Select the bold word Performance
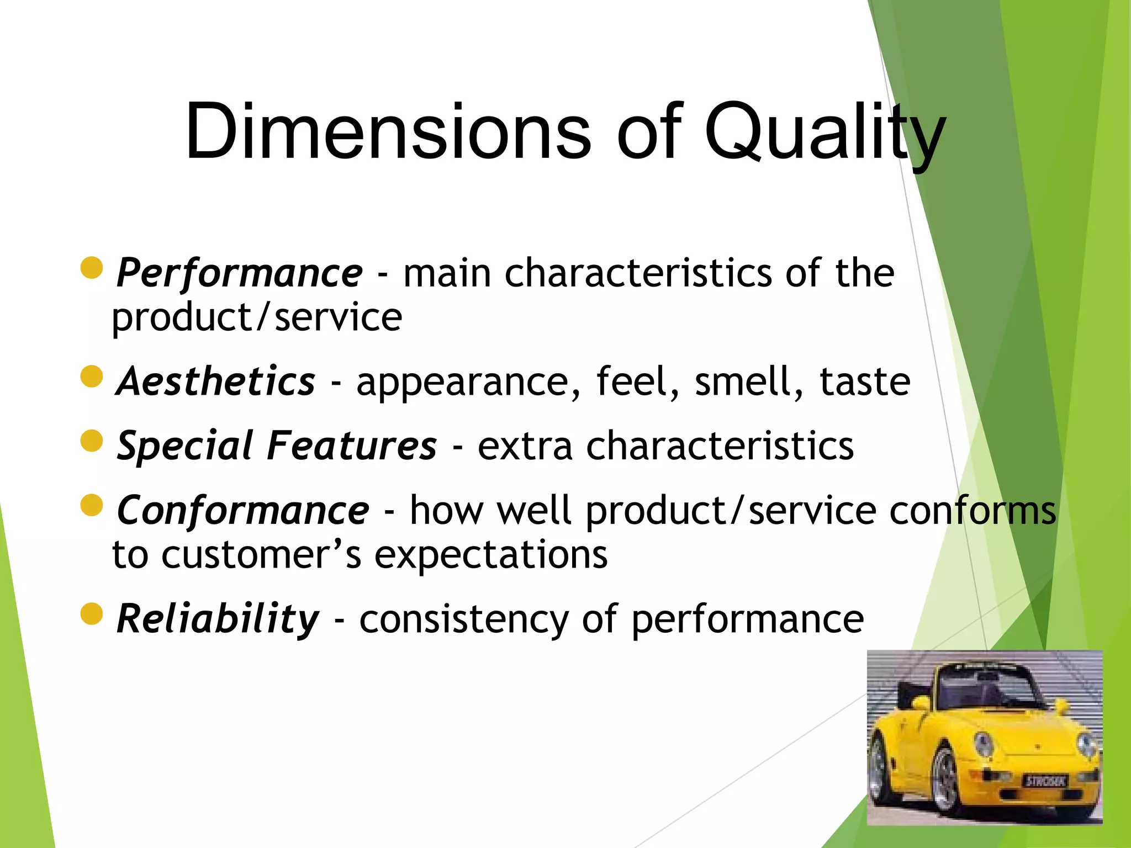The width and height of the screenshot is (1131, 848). click(239, 273)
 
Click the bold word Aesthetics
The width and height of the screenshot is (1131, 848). click(216, 381)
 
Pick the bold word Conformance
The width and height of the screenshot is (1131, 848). click(242, 510)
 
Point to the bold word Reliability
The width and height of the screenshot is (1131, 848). click(218, 619)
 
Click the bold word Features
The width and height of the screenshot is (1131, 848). click(352, 446)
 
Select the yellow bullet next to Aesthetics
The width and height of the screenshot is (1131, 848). click(92, 377)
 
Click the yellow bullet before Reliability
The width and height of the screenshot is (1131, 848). click(92, 614)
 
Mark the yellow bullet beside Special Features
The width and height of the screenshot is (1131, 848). click(92, 441)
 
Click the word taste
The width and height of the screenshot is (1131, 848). click(864, 381)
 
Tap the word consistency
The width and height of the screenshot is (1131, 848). click(464, 620)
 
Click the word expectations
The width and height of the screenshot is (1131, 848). click(491, 555)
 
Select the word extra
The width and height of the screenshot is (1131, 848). click(525, 446)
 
